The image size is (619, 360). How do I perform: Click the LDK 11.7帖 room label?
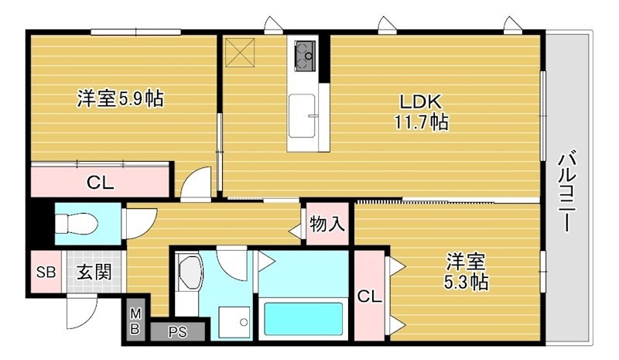click(421, 111)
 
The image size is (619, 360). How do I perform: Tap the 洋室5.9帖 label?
click(119, 99)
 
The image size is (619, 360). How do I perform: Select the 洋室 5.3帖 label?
click(466, 271)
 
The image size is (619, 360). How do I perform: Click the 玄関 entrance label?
click(93, 273)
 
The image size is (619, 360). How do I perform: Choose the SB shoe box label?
click(46, 273)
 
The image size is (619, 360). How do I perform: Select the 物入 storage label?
click(327, 225)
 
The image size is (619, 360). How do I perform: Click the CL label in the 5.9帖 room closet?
click(100, 183)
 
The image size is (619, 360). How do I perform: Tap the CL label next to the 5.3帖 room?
click(370, 295)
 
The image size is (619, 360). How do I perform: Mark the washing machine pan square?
click(233, 321)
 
